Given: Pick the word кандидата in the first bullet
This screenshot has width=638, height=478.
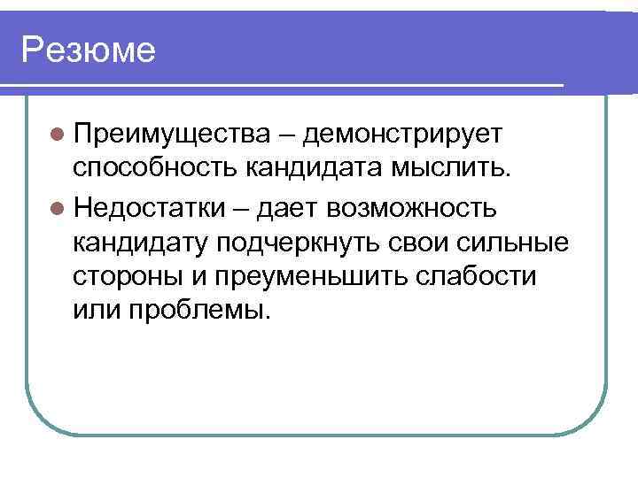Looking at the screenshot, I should (307, 169).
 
